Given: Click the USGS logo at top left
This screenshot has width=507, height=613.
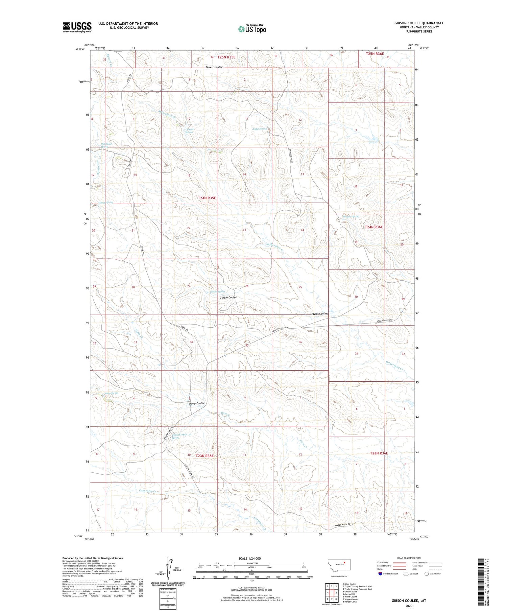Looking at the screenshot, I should coord(77,27).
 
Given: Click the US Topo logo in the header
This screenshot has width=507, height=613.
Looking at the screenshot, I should coord(252,29).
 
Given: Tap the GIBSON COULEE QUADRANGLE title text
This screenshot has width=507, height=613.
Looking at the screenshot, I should coord(419,23).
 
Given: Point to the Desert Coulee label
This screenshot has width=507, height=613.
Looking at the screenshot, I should coord(214,67).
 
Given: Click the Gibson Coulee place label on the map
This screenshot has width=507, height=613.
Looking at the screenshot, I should coord(228,298).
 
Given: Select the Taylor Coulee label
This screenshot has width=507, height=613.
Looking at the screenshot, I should coord(319,314).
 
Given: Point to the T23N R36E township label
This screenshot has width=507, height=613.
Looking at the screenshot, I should coord(379,453).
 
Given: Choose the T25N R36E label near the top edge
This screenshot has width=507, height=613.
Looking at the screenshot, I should coord(375,54).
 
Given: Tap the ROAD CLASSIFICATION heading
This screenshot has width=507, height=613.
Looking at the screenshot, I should coord(409,558).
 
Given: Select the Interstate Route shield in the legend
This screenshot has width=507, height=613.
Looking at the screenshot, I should coord(380,574).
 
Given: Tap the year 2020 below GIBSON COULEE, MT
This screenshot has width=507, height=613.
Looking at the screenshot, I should coord(409,606).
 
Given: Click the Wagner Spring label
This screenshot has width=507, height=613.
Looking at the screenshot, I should coord(351,216).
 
